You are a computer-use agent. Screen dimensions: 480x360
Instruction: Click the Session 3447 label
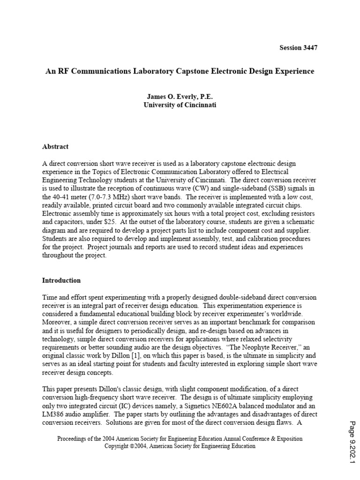301,48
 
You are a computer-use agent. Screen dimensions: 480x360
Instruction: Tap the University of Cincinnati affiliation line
180,105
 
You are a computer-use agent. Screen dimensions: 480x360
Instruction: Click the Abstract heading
55,146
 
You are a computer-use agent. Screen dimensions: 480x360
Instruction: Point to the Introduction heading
61,280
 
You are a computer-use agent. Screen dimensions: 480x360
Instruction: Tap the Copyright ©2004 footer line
180,446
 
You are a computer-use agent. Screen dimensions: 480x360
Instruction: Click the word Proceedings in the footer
73,439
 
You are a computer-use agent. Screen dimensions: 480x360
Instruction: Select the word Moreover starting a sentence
57,322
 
